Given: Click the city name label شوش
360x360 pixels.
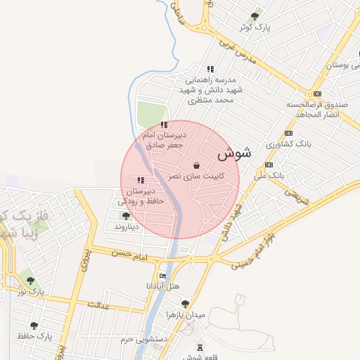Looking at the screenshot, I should pyautogui.click(x=233, y=153).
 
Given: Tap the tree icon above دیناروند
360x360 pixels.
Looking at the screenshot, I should pyautogui.click(x=126, y=216).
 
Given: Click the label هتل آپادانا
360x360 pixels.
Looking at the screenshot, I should pyautogui.click(x=163, y=286).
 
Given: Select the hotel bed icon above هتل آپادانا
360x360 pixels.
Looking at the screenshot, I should pyautogui.click(x=163, y=276).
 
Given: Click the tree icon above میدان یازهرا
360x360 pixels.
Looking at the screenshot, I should pyautogui.click(x=185, y=303).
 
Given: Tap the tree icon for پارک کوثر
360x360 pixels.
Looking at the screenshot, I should pyautogui.click(x=255, y=15).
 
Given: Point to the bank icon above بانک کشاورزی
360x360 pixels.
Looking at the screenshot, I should pyautogui.click(x=288, y=133).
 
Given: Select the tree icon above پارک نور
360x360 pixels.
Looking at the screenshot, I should pyautogui.click(x=31, y=280).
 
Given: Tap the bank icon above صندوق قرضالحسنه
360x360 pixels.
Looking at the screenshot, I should pyautogui.click(x=318, y=94).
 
